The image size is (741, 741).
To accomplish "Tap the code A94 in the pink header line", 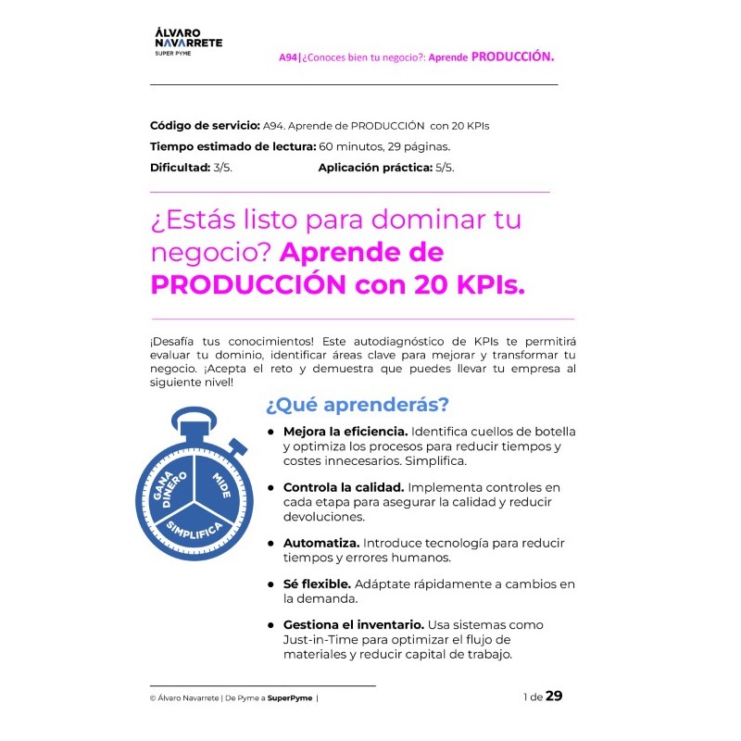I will tap(288, 57).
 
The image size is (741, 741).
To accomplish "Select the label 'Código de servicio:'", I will tap(205, 125).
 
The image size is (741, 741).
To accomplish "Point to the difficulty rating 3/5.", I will tap(223, 168).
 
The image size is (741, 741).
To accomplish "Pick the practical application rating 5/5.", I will tap(445, 168).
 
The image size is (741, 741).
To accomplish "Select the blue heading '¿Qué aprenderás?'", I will tap(357, 406).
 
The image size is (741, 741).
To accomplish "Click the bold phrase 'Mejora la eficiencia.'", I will tap(345, 432).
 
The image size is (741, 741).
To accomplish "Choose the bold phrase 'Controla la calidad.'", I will tap(343, 487).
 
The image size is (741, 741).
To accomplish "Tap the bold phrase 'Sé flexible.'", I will tap(317, 584).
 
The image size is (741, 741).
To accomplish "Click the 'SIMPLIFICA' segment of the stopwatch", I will tap(194, 531).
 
